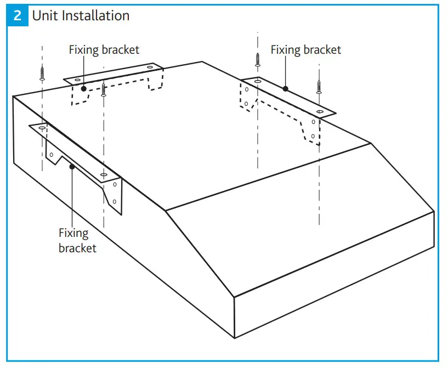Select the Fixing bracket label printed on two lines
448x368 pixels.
click(77, 241)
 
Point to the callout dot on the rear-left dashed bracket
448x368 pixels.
click(83, 88)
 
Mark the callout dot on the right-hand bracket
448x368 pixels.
click(285, 88)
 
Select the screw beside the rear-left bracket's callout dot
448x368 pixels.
click(103, 88)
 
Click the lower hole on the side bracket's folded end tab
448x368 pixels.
click(115, 202)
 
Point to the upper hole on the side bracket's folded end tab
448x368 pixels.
click(114, 185)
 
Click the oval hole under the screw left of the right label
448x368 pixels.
click(257, 81)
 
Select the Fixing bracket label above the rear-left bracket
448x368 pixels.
click(104, 50)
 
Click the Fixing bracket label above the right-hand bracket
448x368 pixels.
click(305, 50)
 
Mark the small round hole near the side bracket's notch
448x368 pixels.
click(51, 155)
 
